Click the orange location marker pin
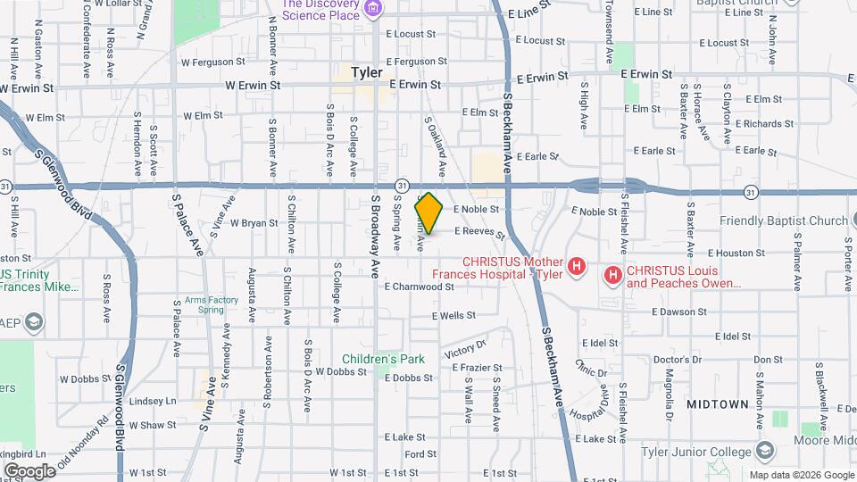pyautogui.click(x=429, y=213)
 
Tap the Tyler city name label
pyautogui.click(x=367, y=72)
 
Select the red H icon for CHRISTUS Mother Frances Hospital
pyautogui.click(x=578, y=266)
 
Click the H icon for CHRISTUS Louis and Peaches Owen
pyautogui.click(x=612, y=275)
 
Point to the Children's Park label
pyautogui.click(x=383, y=359)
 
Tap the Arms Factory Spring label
pyautogui.click(x=212, y=304)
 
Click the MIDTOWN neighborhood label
pyautogui.click(x=717, y=404)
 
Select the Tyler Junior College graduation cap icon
pyautogui.click(x=763, y=450)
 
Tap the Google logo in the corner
pyautogui.click(x=29, y=470)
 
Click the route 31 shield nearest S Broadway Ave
pyautogui.click(x=403, y=185)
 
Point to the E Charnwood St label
pyautogui.click(x=420, y=287)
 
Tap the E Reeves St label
pyautogui.click(x=480, y=231)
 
